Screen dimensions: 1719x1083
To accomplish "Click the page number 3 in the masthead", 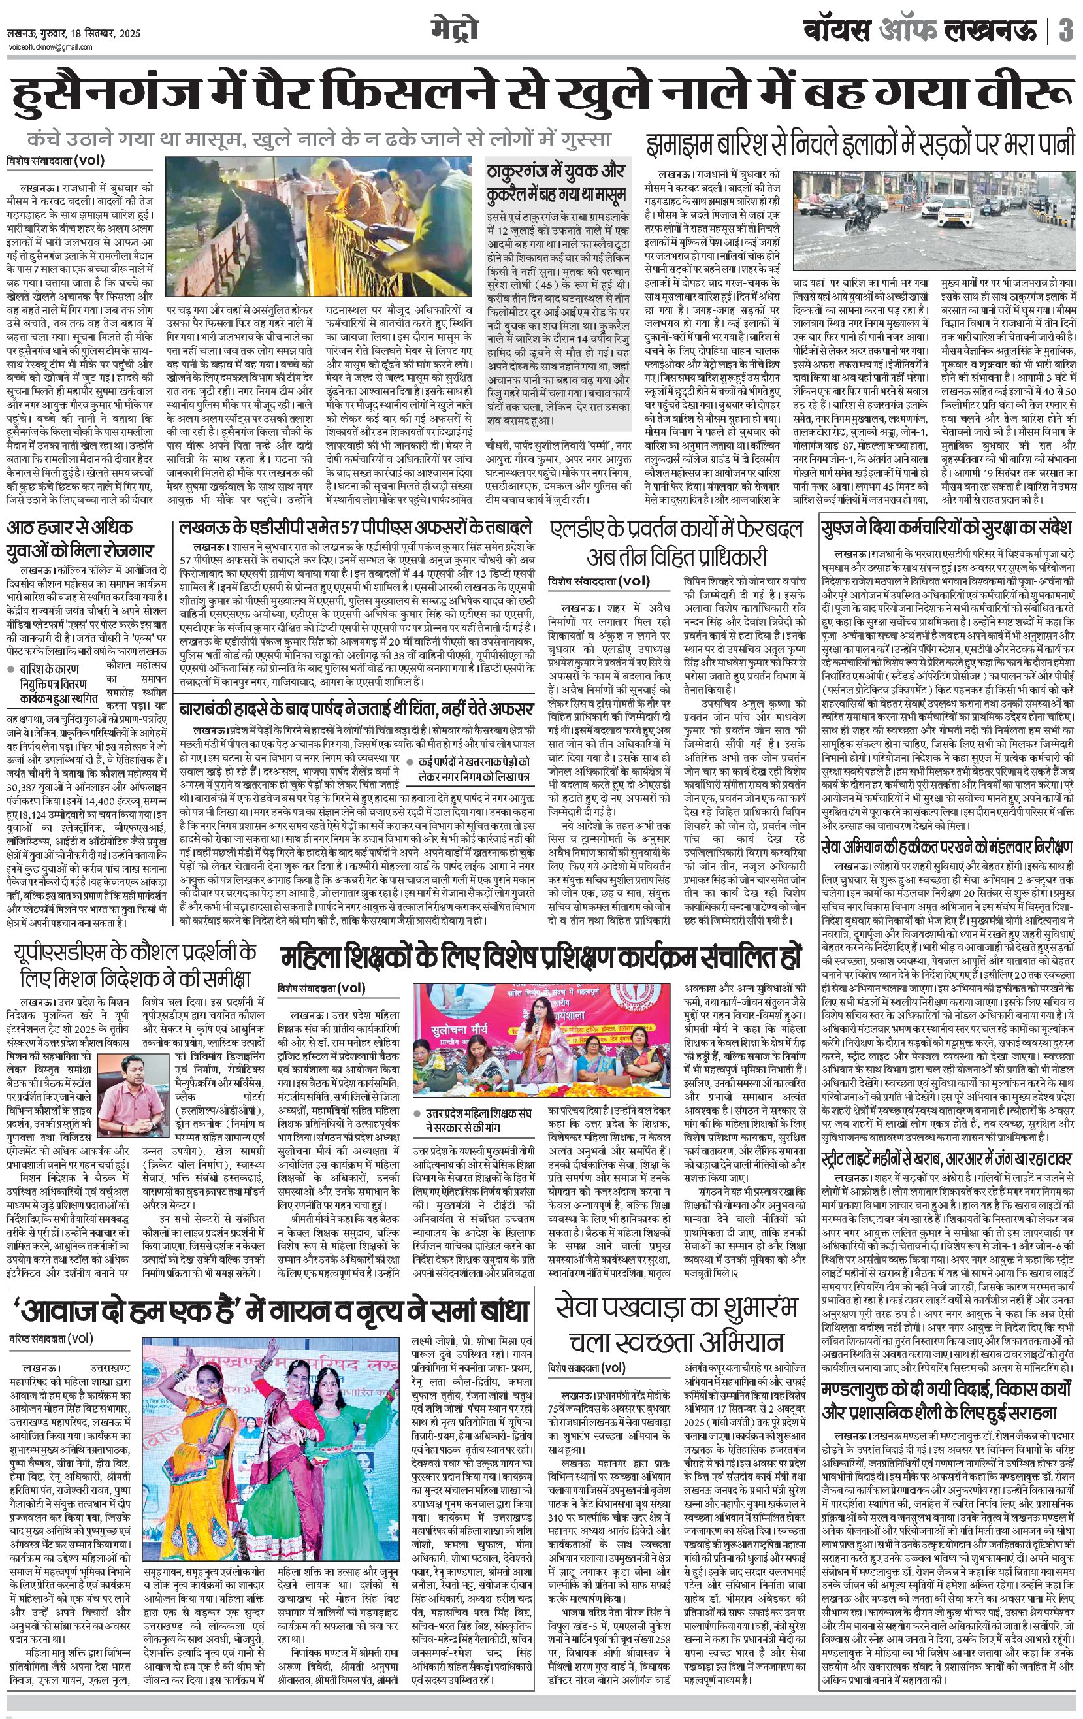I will pyautogui.click(x=1066, y=31).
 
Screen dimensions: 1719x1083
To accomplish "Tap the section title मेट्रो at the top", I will pyautogui.click(x=454, y=30).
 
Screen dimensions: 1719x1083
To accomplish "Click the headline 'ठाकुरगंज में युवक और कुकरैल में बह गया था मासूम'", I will pyautogui.click(x=556, y=182).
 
